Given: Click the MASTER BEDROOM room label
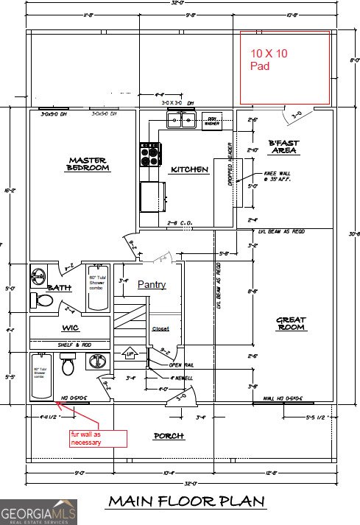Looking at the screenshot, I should (x=88, y=164).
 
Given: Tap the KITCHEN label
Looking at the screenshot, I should (x=189, y=170).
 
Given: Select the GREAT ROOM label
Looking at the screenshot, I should (x=291, y=324).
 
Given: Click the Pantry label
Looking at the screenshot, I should (x=151, y=284).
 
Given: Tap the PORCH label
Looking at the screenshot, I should (x=168, y=436).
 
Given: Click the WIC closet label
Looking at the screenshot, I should (x=70, y=328).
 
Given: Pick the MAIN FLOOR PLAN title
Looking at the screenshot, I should (x=186, y=501).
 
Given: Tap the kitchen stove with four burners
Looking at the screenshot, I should (x=150, y=155).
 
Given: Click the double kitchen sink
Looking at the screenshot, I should (x=180, y=119).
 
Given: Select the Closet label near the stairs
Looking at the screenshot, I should (x=160, y=329).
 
